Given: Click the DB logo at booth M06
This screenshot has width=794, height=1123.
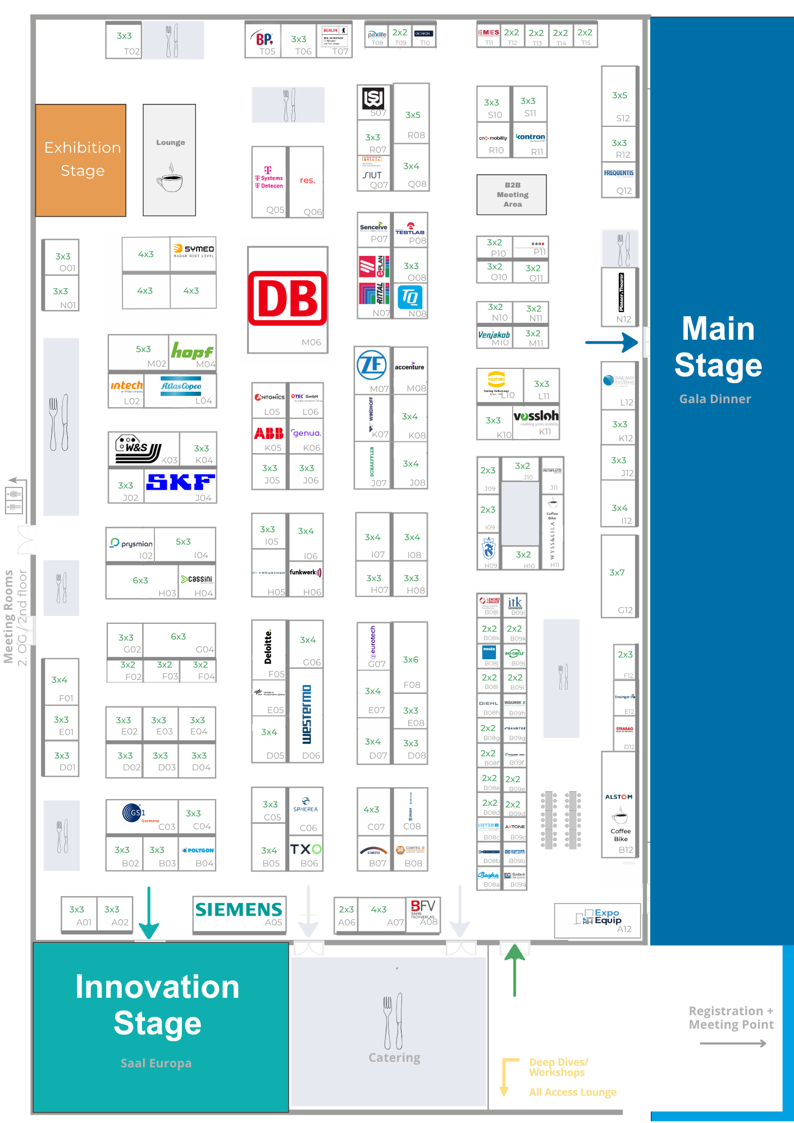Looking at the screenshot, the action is tap(288, 298).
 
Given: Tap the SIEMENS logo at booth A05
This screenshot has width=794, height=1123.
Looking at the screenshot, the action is tap(239, 909).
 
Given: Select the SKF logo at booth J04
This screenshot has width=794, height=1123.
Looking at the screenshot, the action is tap(180, 482).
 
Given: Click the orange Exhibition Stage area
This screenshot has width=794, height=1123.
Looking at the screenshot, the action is tap(81, 160).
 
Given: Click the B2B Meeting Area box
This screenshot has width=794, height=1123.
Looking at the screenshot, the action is tap(512, 195).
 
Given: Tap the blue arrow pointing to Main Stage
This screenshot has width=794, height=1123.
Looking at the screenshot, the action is tap(612, 342).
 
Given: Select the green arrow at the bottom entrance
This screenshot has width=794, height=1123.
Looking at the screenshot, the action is tap(514, 969).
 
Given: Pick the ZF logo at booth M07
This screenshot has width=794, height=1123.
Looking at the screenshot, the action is tap(372, 365).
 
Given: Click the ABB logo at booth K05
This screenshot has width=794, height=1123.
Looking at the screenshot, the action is tap(269, 433).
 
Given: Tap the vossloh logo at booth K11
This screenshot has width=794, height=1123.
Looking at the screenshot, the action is tap(536, 416).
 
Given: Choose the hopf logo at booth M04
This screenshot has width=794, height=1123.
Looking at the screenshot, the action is tap(191, 351).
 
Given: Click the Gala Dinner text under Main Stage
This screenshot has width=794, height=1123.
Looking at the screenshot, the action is tap(715, 399).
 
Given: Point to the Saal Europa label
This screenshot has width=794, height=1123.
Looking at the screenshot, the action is tap(156, 1063).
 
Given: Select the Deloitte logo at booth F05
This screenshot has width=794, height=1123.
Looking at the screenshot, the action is tap(268, 646).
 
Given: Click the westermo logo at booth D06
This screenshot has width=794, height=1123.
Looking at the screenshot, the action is tap(307, 714).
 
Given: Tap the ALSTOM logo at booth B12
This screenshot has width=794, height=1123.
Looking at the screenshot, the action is tap(619, 797).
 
